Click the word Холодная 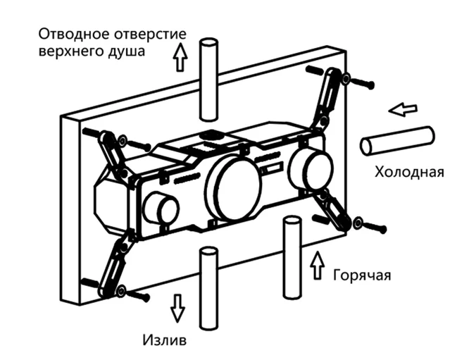click(x=409, y=172)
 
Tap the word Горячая click(x=361, y=274)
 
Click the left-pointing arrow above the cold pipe click(x=404, y=110)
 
